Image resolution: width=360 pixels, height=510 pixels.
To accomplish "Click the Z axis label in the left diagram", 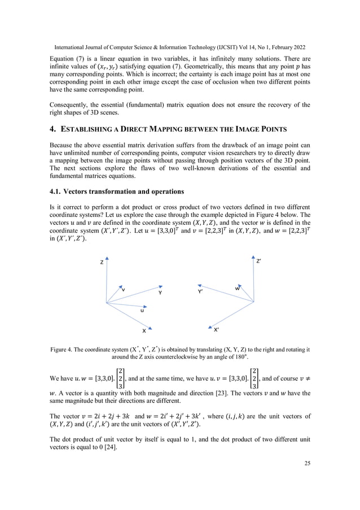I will (x=102, y=263).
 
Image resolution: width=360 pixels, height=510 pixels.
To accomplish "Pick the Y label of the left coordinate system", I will (x=160, y=293).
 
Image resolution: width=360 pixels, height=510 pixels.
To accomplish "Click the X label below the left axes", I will (x=144, y=330).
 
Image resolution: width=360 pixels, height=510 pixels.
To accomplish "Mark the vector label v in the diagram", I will (x=124, y=290).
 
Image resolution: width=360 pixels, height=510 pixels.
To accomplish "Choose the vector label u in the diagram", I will (x=142, y=310).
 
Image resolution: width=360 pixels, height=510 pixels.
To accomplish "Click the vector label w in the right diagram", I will (x=238, y=289).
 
